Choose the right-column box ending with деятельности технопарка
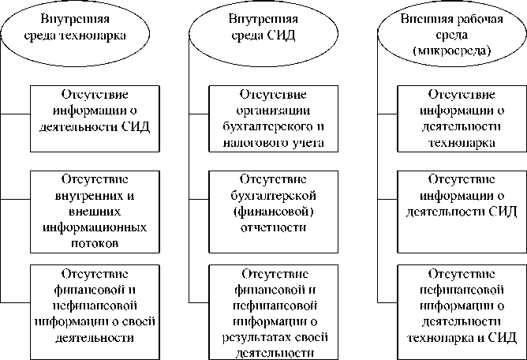click(462, 117)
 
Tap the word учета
click(311, 143)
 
